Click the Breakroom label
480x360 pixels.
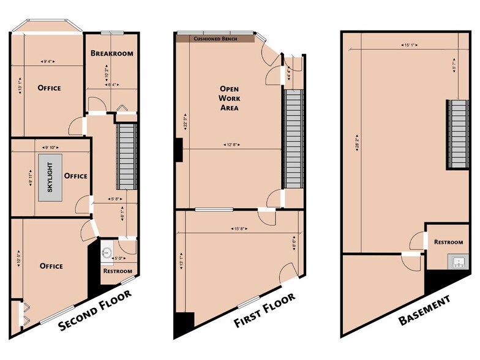[112, 53]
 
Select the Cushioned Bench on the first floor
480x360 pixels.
[216, 38]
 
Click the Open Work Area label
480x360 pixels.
[229, 99]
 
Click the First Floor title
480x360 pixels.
[265, 310]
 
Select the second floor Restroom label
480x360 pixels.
[118, 271]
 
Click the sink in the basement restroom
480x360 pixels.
[456, 262]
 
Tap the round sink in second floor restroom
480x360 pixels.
[107, 252]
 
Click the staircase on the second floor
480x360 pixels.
[126, 156]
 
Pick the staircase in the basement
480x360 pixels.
[456, 133]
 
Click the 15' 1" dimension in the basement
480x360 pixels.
[410, 44]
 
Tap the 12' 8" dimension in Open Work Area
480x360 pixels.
[230, 145]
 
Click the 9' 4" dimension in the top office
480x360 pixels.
[47, 61]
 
